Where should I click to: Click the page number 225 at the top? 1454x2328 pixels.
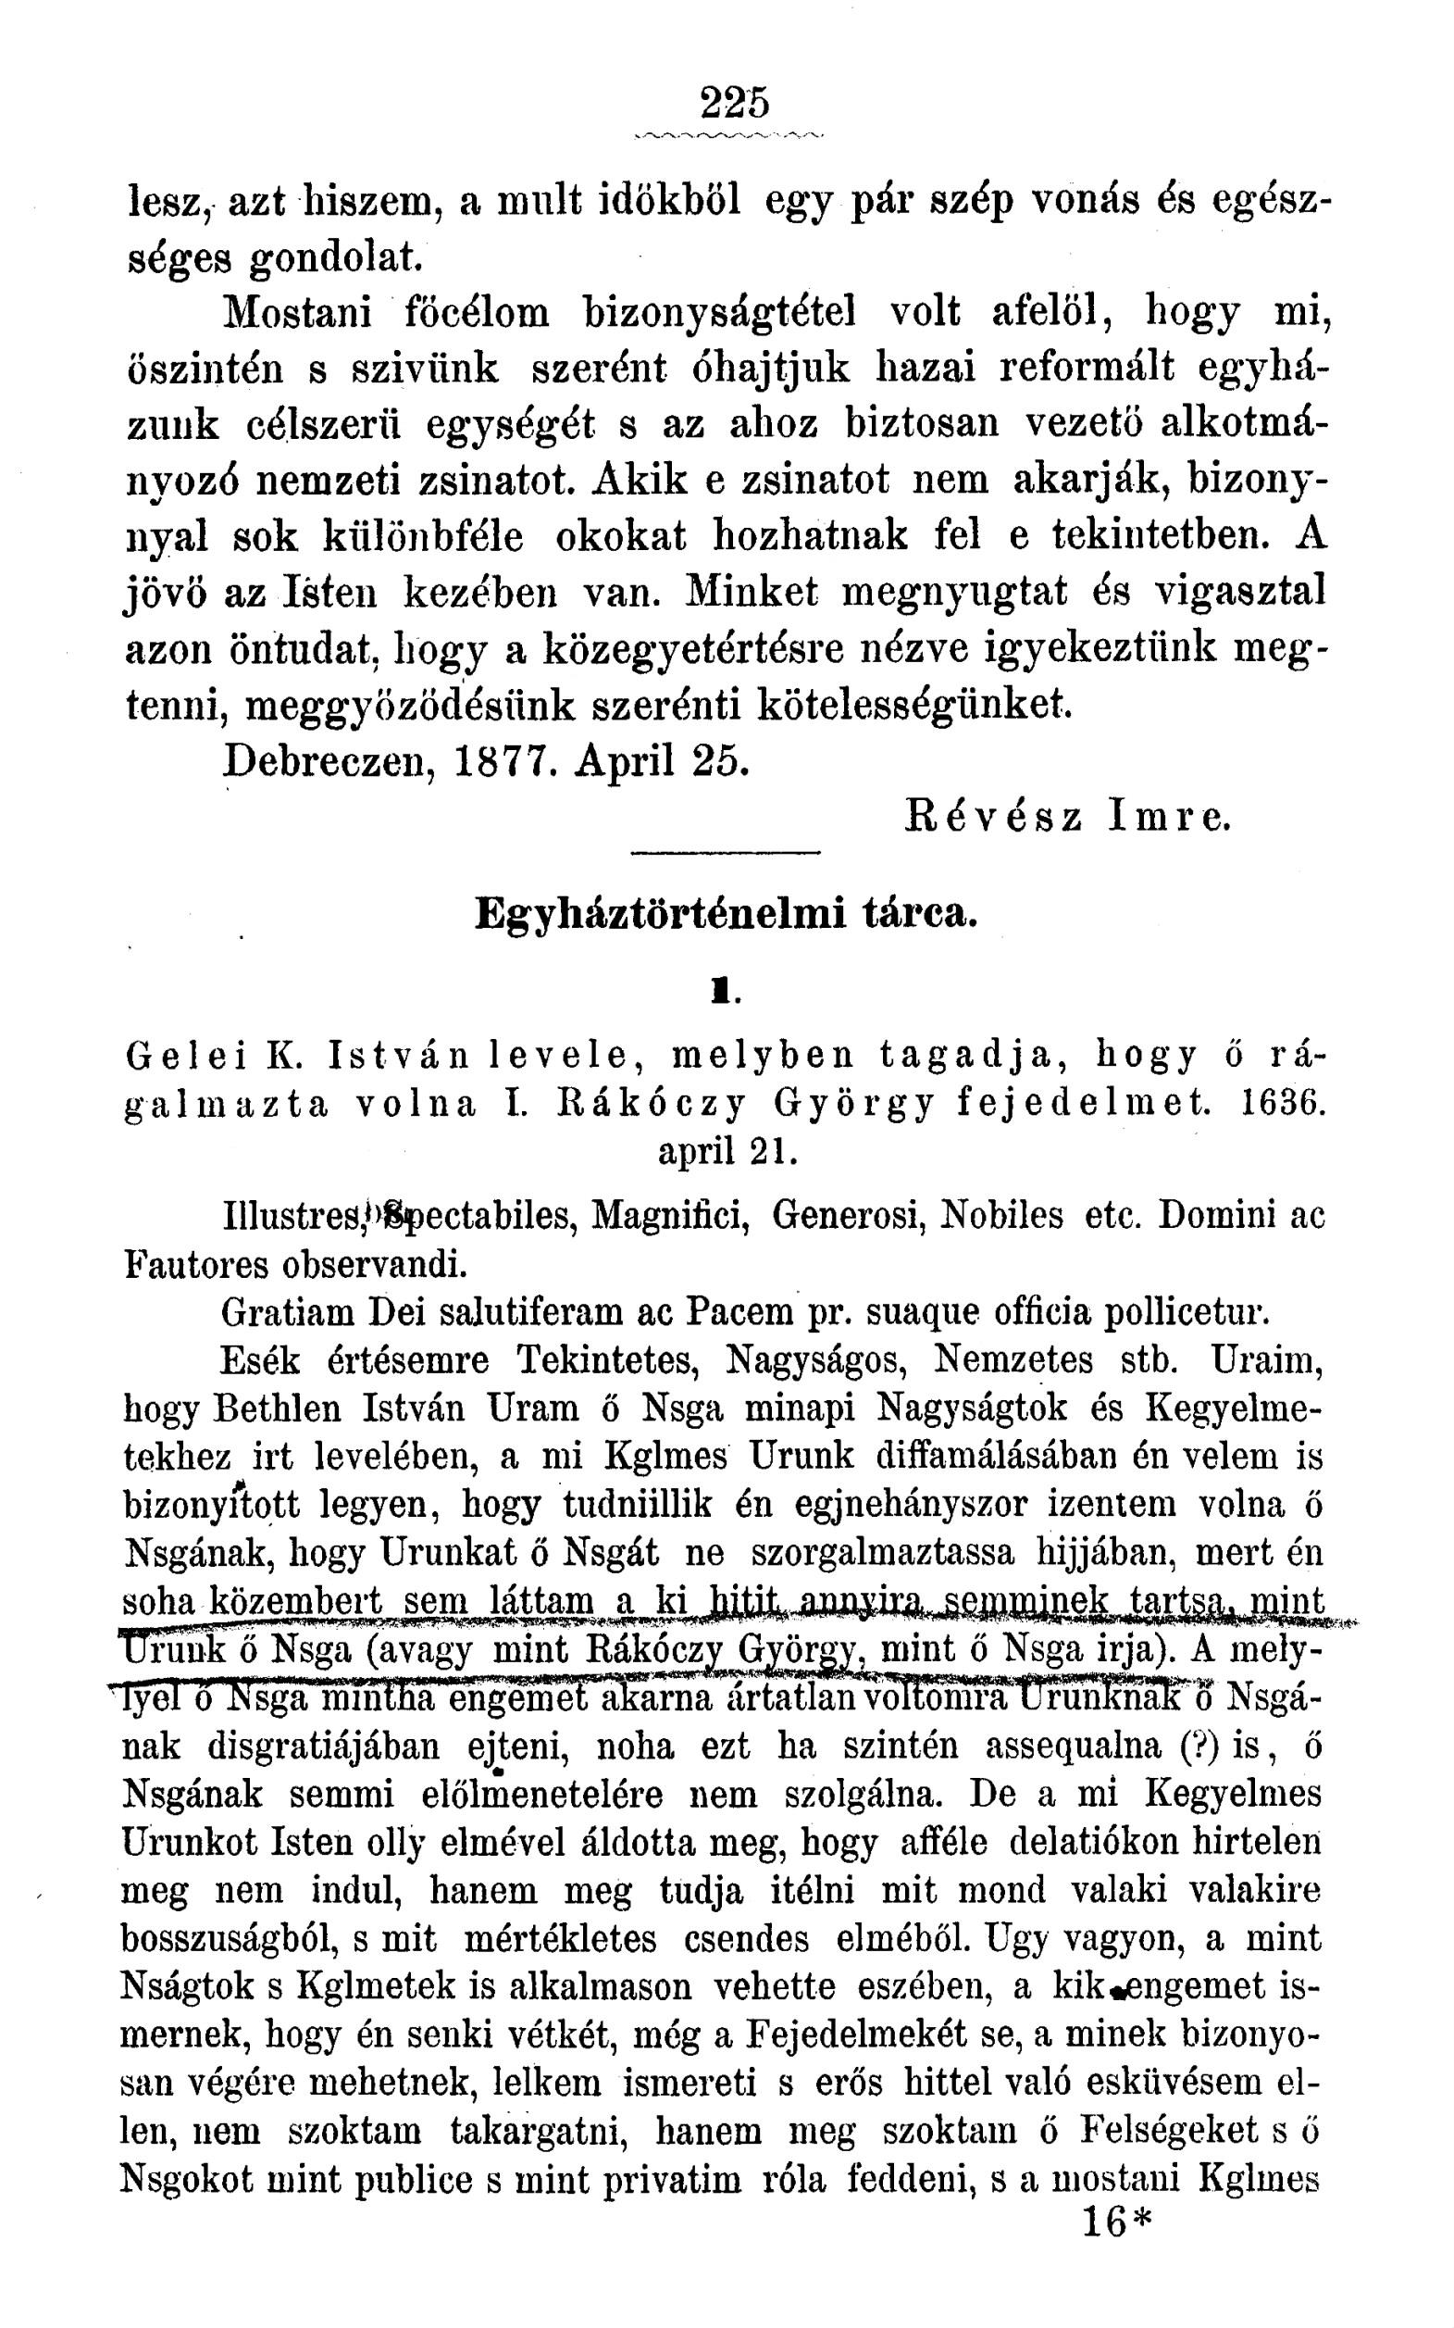(x=736, y=103)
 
